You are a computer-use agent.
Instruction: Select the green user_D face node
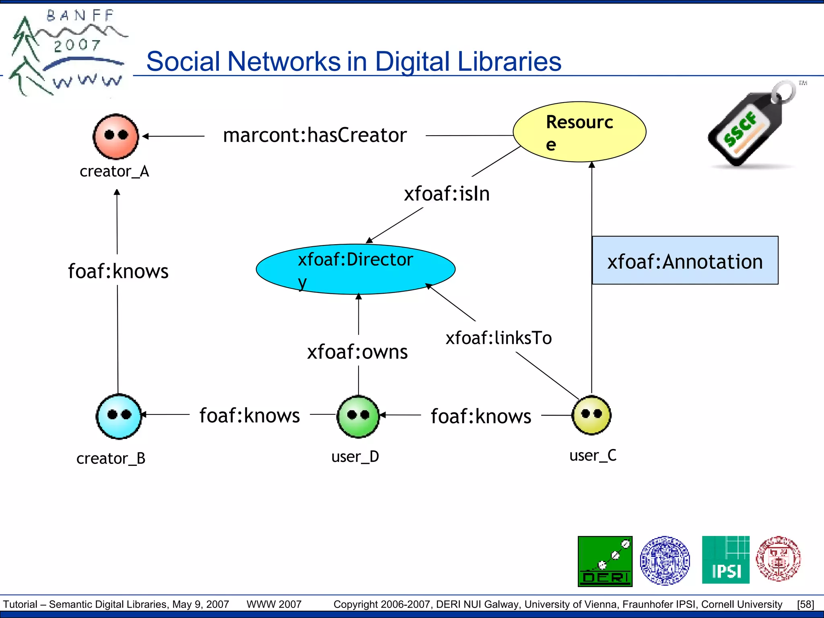click(358, 416)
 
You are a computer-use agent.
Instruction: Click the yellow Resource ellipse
click(579, 132)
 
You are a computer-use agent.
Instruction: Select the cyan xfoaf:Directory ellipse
click(356, 269)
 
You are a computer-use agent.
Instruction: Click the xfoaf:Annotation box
click(685, 261)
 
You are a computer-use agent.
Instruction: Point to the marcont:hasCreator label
click(315, 135)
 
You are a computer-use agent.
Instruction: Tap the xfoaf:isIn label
click(447, 194)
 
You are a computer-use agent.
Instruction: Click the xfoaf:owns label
click(357, 352)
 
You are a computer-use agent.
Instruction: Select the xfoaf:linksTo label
click(498, 338)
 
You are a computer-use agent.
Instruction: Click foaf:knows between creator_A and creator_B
click(118, 271)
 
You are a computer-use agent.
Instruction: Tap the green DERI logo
click(605, 561)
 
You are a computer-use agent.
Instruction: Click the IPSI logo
click(725, 560)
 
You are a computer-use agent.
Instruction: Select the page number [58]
click(805, 604)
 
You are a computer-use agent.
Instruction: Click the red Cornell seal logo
click(778, 559)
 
